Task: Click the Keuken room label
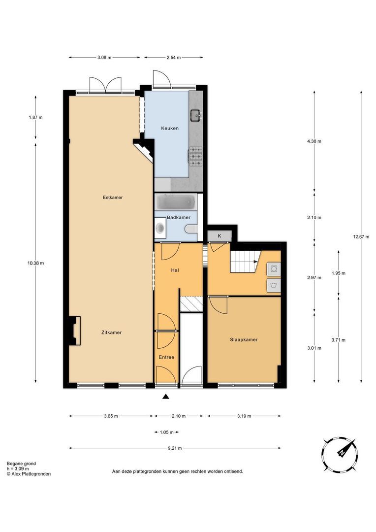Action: point(169,128)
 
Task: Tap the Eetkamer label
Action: point(113,198)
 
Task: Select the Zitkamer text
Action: point(111,332)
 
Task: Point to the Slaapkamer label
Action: point(244,339)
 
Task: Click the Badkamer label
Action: point(178,218)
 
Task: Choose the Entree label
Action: point(166,357)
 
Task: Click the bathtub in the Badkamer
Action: point(176,202)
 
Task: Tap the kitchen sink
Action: point(196,116)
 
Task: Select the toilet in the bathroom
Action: point(191,230)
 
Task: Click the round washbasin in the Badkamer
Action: point(160,228)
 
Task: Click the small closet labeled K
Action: point(219,236)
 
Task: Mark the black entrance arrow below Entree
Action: point(165,396)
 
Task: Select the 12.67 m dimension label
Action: point(361,237)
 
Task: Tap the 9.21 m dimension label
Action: point(175,448)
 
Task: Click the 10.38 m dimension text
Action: point(35,263)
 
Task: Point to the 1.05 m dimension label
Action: point(166,432)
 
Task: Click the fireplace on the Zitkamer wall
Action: point(74,331)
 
